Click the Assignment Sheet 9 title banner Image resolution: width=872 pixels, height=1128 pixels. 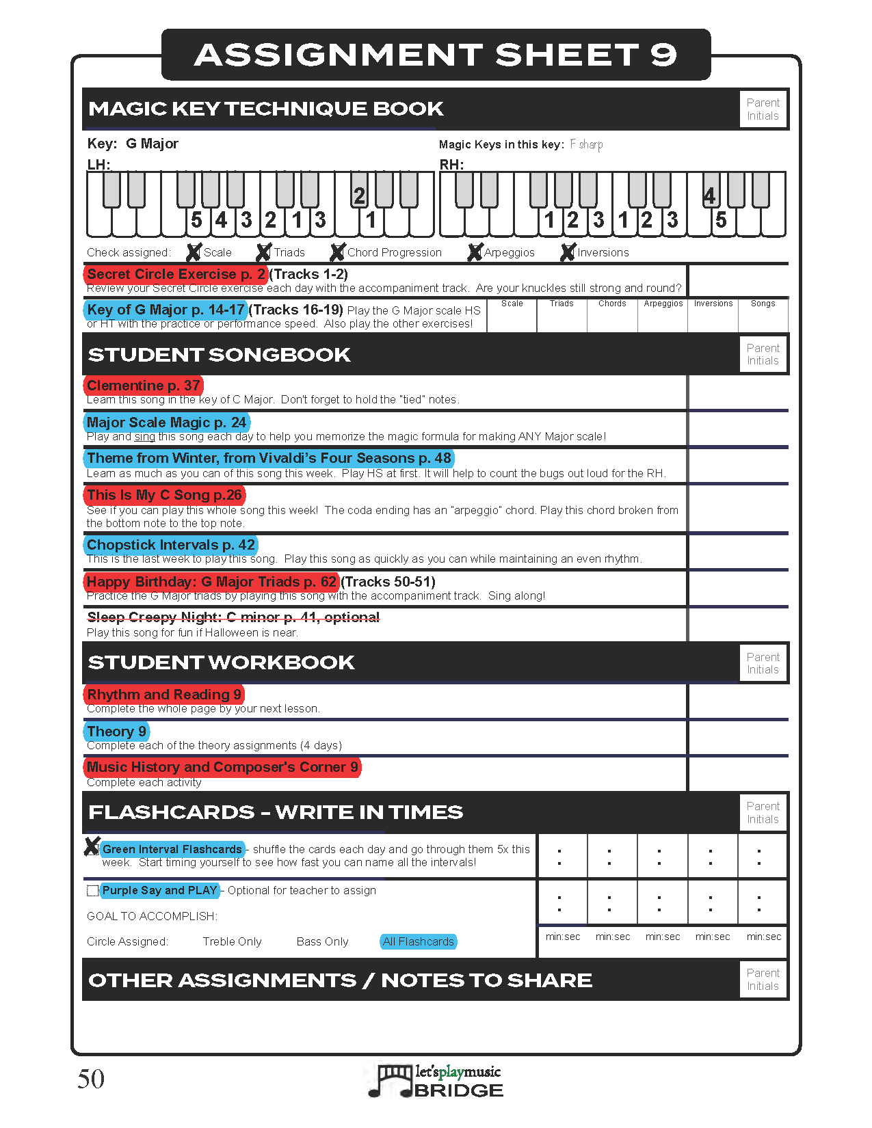[436, 55]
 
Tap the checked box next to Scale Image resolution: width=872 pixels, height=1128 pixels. [194, 252]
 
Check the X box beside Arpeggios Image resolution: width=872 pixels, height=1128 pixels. [475, 252]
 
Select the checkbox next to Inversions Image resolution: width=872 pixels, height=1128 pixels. [567, 252]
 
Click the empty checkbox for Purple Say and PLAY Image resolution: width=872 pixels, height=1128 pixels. [92, 891]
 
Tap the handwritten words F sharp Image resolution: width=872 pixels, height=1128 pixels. [586, 144]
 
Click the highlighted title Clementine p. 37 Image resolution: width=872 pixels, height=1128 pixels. [144, 386]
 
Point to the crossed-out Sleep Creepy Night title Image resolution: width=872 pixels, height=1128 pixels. [233, 617]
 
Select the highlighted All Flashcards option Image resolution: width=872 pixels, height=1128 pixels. [418, 941]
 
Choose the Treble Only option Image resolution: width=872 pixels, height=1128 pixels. [232, 941]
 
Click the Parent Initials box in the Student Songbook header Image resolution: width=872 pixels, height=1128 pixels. [763, 354]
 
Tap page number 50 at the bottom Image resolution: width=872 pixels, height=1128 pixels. [91, 1079]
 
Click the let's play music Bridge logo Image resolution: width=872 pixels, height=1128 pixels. [436, 1080]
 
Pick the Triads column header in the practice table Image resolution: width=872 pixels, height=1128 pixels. [561, 304]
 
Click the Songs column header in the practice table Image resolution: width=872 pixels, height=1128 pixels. [763, 304]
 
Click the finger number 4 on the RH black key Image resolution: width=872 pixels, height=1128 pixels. [709, 196]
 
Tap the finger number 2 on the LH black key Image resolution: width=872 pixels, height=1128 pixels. [359, 196]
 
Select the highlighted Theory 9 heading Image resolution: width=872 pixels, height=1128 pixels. [116, 731]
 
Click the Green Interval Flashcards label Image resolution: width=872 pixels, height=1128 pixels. [172, 849]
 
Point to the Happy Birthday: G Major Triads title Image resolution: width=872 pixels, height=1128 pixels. [211, 582]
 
